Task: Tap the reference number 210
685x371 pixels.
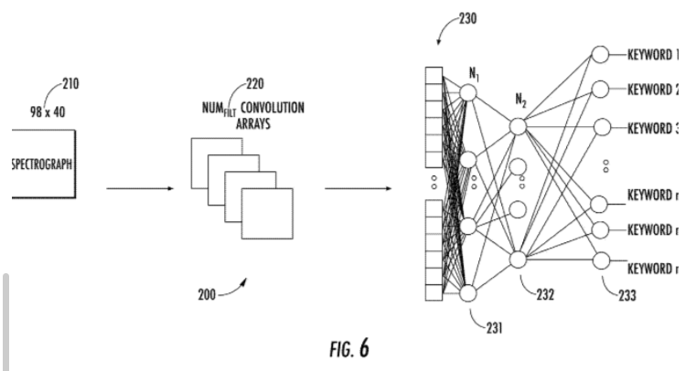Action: coord(69,87)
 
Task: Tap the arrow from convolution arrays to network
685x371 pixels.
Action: coord(358,189)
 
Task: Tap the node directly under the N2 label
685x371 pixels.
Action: coord(518,127)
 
